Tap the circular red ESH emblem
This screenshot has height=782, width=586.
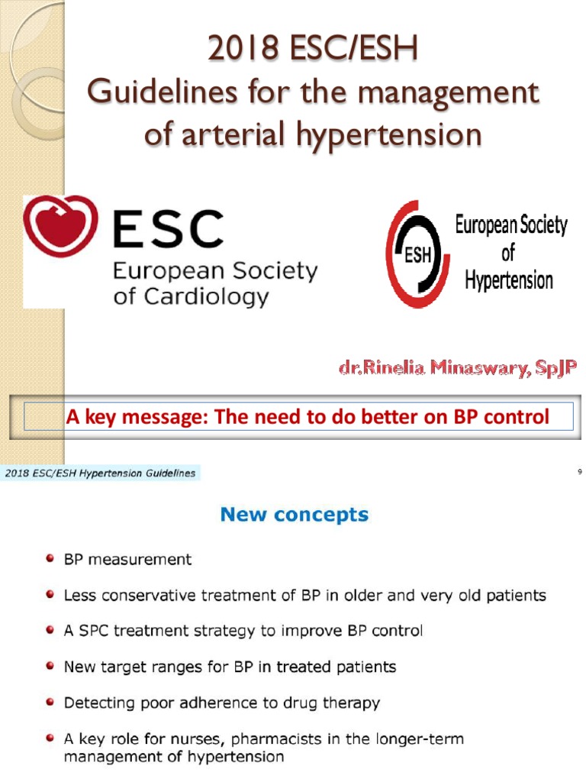click(x=417, y=254)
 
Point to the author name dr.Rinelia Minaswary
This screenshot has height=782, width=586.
click(x=458, y=368)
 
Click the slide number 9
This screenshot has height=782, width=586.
click(x=580, y=473)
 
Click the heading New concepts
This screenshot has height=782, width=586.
click(x=294, y=515)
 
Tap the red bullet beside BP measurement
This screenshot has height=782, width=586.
click(x=50, y=559)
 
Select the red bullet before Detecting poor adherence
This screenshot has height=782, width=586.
click(x=50, y=702)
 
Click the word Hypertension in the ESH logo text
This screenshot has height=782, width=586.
click(x=508, y=281)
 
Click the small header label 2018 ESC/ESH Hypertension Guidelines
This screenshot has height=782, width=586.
click(x=100, y=473)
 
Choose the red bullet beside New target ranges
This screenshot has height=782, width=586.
click(x=50, y=666)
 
